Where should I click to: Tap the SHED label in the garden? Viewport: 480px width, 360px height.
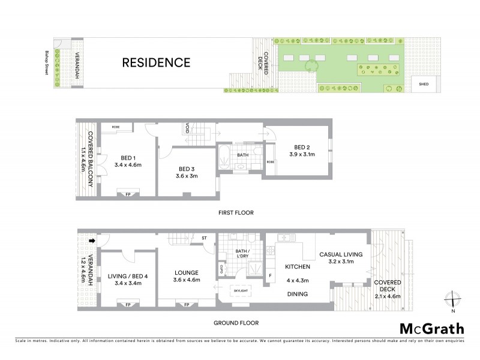click(424, 85)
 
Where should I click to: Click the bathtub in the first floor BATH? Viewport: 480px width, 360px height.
click(221, 157)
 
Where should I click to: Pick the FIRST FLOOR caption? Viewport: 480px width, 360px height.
click(236, 212)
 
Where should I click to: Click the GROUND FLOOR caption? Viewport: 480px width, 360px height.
click(236, 323)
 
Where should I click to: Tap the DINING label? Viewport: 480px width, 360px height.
click(297, 294)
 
